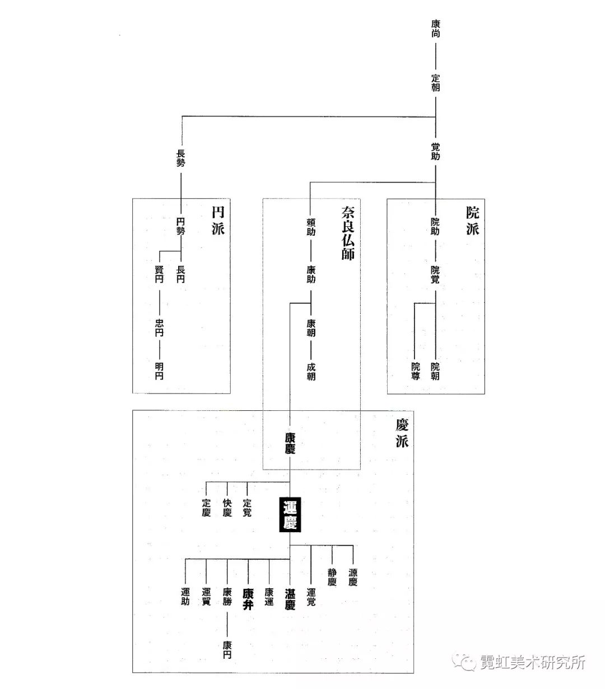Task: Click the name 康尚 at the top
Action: (436, 29)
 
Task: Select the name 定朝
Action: (436, 83)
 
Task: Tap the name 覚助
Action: (436, 152)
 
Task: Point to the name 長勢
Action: (181, 159)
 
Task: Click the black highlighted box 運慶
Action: (290, 515)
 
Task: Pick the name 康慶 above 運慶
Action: (290, 442)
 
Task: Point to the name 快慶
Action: (227, 508)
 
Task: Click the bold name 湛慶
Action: (290, 599)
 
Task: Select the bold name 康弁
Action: (248, 599)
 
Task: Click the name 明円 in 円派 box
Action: (160, 372)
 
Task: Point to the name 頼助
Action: (311, 227)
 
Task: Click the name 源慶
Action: (353, 577)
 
